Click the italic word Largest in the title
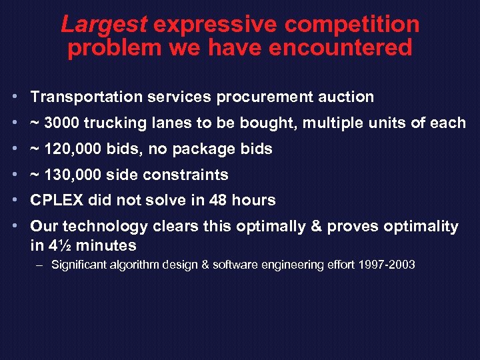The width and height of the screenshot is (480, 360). tap(103, 25)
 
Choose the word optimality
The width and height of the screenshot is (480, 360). tap(421, 227)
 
